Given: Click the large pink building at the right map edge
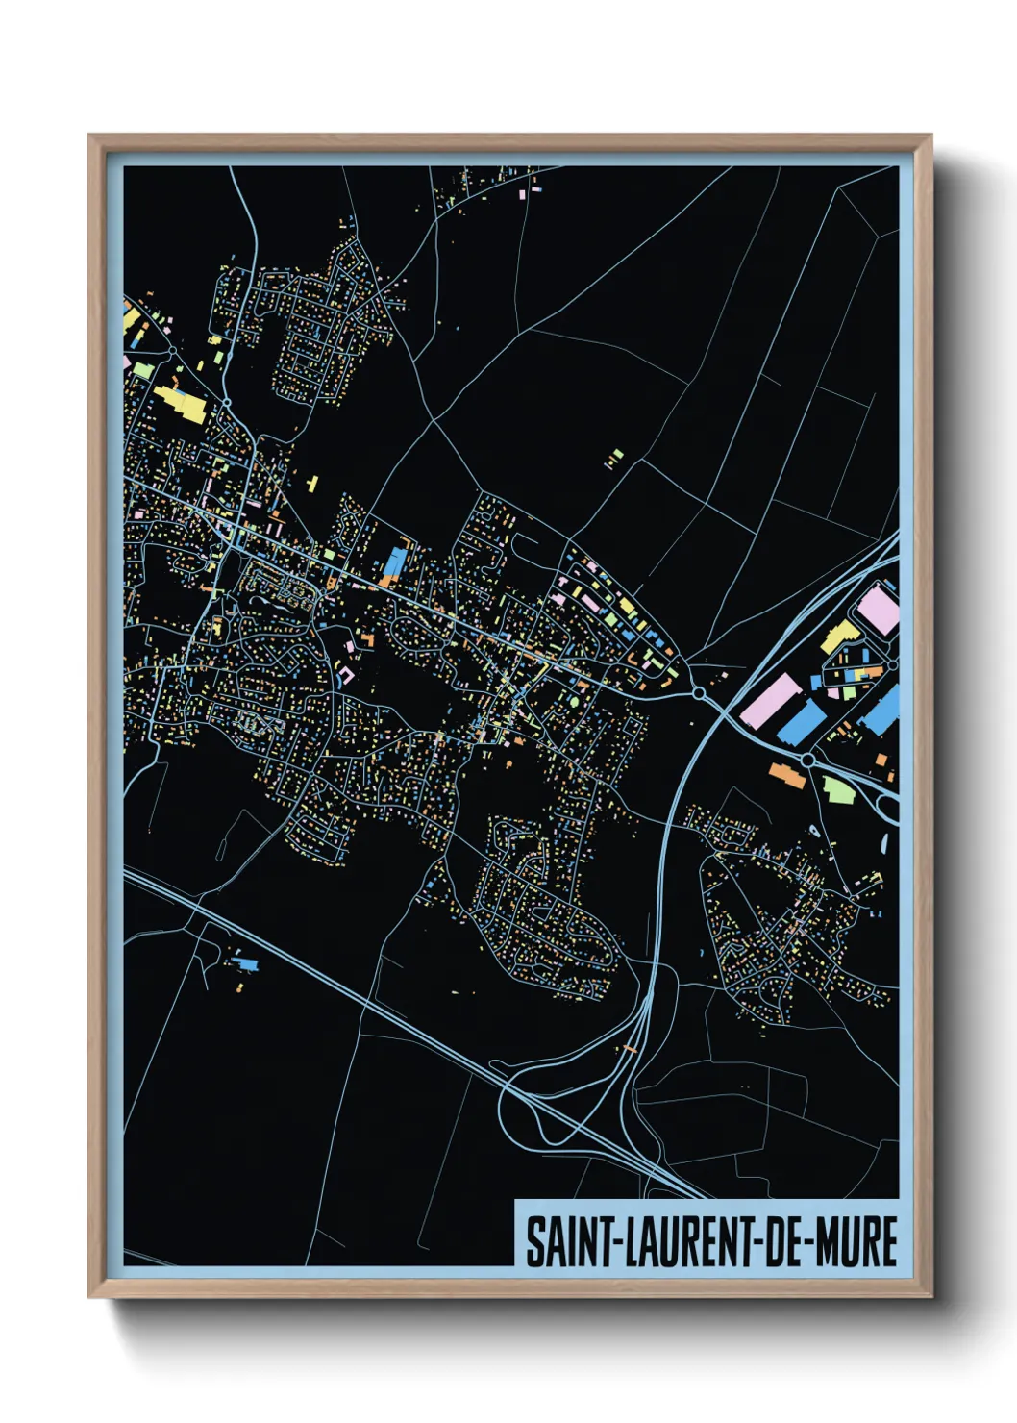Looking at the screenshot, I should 878,610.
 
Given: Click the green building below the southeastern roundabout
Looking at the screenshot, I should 838,788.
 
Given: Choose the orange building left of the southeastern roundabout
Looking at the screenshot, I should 786,774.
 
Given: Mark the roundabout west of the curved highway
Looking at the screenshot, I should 699,692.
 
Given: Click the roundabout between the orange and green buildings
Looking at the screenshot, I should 808,760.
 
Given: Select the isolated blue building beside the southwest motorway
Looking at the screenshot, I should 246,962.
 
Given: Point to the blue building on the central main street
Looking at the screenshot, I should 394,563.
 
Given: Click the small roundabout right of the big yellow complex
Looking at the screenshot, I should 227,402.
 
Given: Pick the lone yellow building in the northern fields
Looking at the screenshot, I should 613,459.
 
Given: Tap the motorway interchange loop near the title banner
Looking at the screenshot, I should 538,1115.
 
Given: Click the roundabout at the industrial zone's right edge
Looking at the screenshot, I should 892,664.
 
